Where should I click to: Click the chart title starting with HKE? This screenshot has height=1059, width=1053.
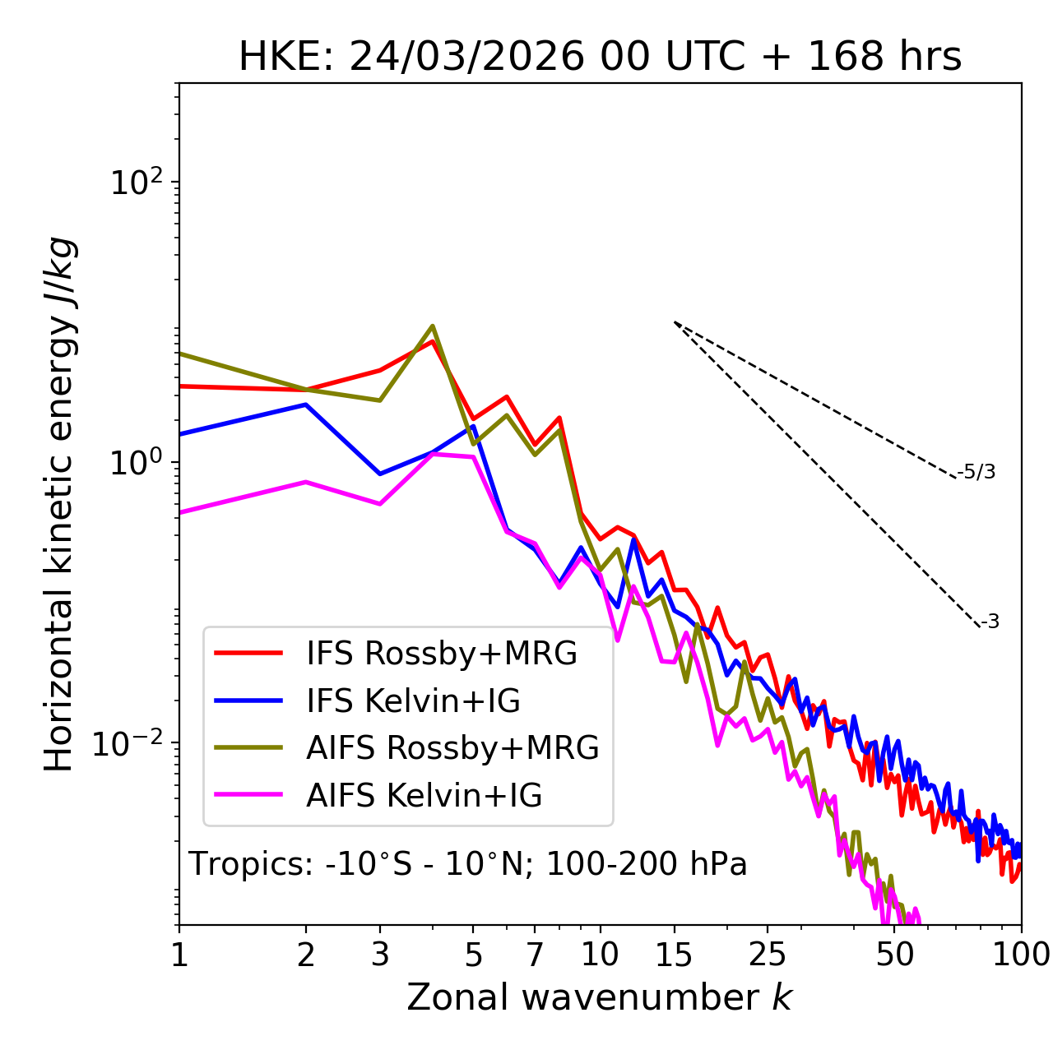[x=600, y=57]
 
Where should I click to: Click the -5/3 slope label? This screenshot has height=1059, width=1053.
[x=976, y=472]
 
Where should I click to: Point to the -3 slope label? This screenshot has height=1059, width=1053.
[x=990, y=622]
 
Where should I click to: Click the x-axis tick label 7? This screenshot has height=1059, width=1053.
[x=535, y=955]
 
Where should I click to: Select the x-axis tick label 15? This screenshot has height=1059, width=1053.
[x=674, y=955]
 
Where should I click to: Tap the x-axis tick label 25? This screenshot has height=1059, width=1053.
[x=768, y=955]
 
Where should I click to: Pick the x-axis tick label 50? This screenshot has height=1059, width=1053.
[x=894, y=955]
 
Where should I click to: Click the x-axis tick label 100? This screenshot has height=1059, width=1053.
[x=1020, y=955]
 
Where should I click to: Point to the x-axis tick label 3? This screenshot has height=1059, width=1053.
[x=379, y=955]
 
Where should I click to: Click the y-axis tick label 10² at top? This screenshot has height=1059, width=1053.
[x=135, y=183]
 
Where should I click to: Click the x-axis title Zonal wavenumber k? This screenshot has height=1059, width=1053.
[x=600, y=997]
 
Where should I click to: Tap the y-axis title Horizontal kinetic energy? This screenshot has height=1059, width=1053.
[x=59, y=505]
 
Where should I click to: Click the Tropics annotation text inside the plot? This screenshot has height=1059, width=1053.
[x=467, y=864]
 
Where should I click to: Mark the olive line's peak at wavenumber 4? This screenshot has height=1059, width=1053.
[x=433, y=326]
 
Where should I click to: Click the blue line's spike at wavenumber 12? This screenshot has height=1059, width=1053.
[x=633, y=539]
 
